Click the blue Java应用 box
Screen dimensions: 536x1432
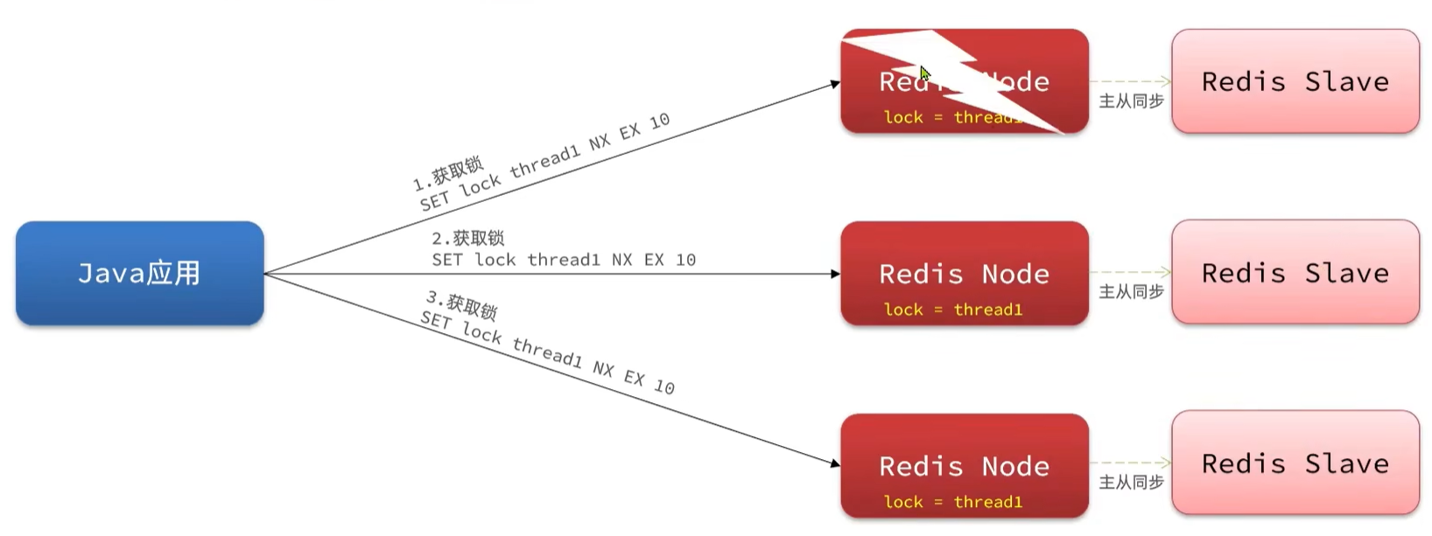(139, 273)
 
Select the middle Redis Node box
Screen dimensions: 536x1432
(964, 273)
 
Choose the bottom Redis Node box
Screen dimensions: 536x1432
(964, 465)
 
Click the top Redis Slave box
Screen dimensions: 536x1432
(1295, 81)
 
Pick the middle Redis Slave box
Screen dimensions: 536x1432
(1295, 273)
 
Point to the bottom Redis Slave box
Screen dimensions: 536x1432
(1295, 463)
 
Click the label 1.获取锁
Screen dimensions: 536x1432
(448, 173)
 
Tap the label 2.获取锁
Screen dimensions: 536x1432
(467, 238)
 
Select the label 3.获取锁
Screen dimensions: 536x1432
(461, 305)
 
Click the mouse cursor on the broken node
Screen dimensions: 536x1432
(924, 73)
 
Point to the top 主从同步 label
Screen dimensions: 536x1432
(1131, 101)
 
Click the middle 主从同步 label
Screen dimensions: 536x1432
(1131, 292)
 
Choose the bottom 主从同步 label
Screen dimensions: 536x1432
(1131, 483)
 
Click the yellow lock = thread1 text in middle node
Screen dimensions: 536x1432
(952, 310)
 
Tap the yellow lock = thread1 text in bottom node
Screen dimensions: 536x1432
(952, 502)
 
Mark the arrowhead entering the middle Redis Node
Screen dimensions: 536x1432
(835, 274)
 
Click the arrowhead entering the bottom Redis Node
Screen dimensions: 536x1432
(835, 463)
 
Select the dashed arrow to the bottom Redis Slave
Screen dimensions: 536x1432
(1129, 463)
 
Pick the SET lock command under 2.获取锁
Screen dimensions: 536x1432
(563, 260)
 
